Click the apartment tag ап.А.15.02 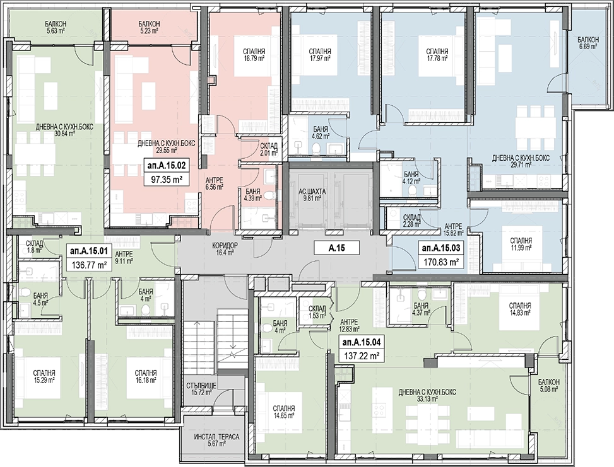pyautogui.click(x=167, y=166)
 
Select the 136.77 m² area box pyautogui.click(x=90, y=265)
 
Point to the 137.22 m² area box pyautogui.click(x=362, y=356)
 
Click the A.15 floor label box pyautogui.click(x=337, y=248)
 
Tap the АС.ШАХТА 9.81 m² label pyautogui.click(x=312, y=195)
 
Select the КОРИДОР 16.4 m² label pyautogui.click(x=225, y=249)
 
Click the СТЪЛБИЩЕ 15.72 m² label pyautogui.click(x=199, y=388)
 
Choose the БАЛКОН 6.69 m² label pyautogui.click(x=587, y=43)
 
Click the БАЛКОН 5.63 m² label pyautogui.click(x=55, y=26)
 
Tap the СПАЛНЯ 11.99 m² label pyautogui.click(x=521, y=244)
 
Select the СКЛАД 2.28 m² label pyautogui.click(x=411, y=221)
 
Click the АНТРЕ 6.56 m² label pyautogui.click(x=215, y=183)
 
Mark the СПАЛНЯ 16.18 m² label pyautogui.click(x=145, y=376)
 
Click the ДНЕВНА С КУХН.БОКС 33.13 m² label pyautogui.click(x=427, y=395)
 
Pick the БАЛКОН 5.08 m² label pyautogui.click(x=548, y=385)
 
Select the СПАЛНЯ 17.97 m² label pyautogui.click(x=320, y=54)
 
